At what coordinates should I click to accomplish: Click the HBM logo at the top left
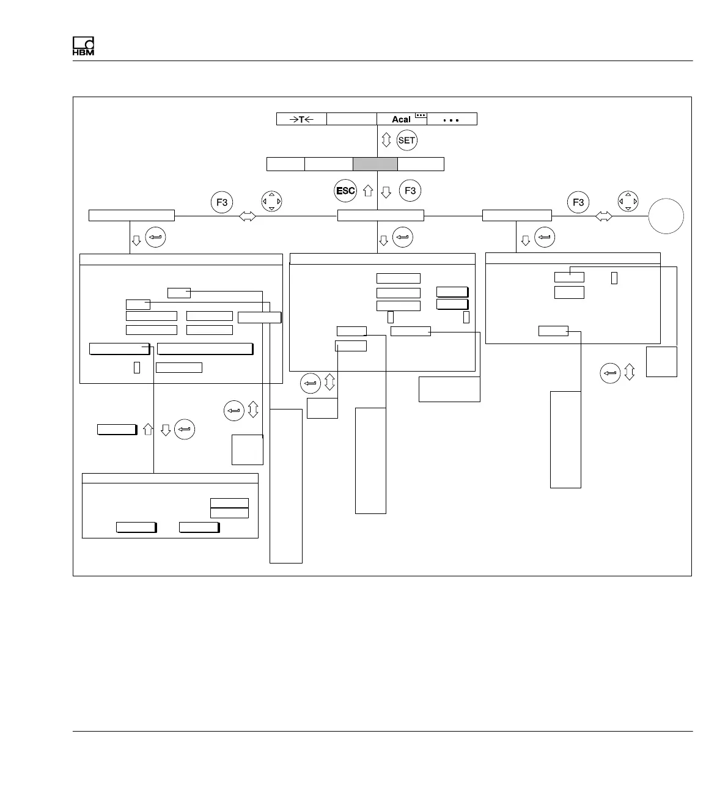(83, 47)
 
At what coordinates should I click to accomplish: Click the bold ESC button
(345, 191)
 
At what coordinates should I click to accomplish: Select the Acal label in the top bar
(401, 119)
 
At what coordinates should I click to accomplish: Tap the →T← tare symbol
(301, 119)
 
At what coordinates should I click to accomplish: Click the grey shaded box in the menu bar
(375, 164)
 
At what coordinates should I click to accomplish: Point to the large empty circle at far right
(666, 216)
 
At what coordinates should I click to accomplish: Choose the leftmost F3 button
(222, 202)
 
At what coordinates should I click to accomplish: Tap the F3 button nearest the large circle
(578, 202)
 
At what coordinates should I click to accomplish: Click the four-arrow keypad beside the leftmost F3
(271, 201)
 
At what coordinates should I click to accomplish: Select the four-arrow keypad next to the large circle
(628, 201)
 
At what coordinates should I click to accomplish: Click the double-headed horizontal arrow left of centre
(248, 216)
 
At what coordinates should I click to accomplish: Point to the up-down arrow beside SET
(386, 140)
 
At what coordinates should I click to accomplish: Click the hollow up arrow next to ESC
(368, 191)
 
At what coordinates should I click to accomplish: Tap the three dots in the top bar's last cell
(451, 120)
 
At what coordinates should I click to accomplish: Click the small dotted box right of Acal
(421, 115)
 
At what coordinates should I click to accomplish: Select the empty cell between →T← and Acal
(351, 119)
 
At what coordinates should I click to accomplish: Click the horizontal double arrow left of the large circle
(603, 216)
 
